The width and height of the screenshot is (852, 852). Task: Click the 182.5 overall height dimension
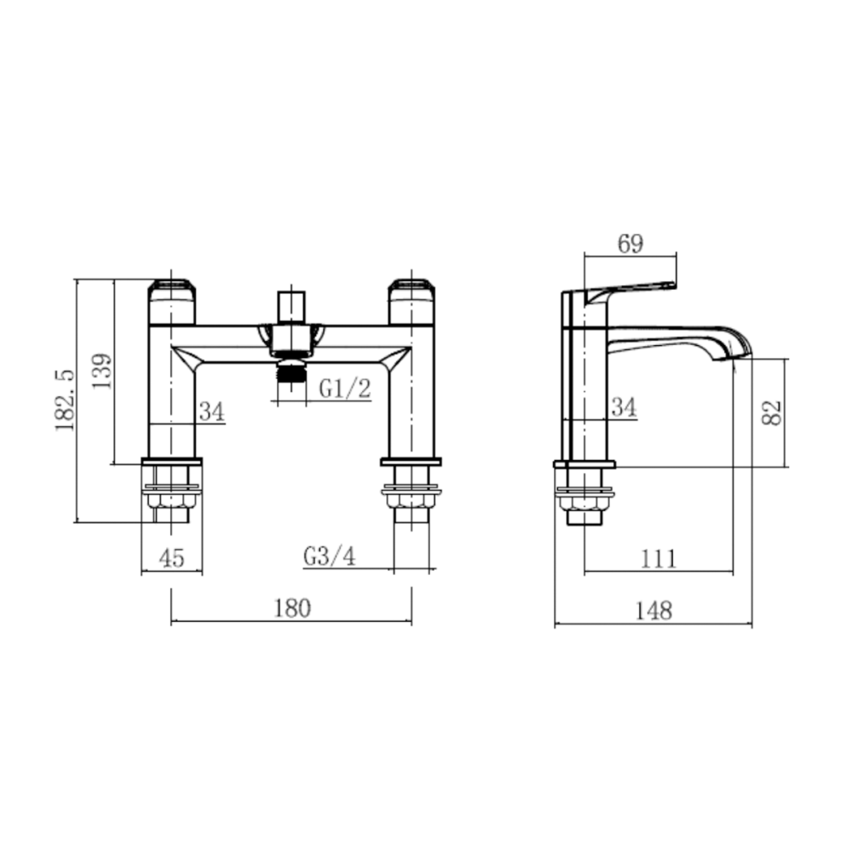click(66, 400)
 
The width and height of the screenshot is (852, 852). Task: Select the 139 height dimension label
click(101, 371)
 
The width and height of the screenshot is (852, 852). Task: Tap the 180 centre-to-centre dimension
click(291, 608)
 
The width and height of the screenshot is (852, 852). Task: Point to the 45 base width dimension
click(172, 558)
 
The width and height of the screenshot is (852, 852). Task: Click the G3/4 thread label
click(330, 556)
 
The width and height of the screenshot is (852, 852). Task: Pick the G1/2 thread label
click(345, 389)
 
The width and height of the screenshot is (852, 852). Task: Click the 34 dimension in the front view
click(211, 412)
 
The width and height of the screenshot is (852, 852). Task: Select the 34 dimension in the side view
click(624, 407)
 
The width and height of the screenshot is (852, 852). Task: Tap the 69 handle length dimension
click(630, 244)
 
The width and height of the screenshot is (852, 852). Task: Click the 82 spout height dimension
click(772, 412)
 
